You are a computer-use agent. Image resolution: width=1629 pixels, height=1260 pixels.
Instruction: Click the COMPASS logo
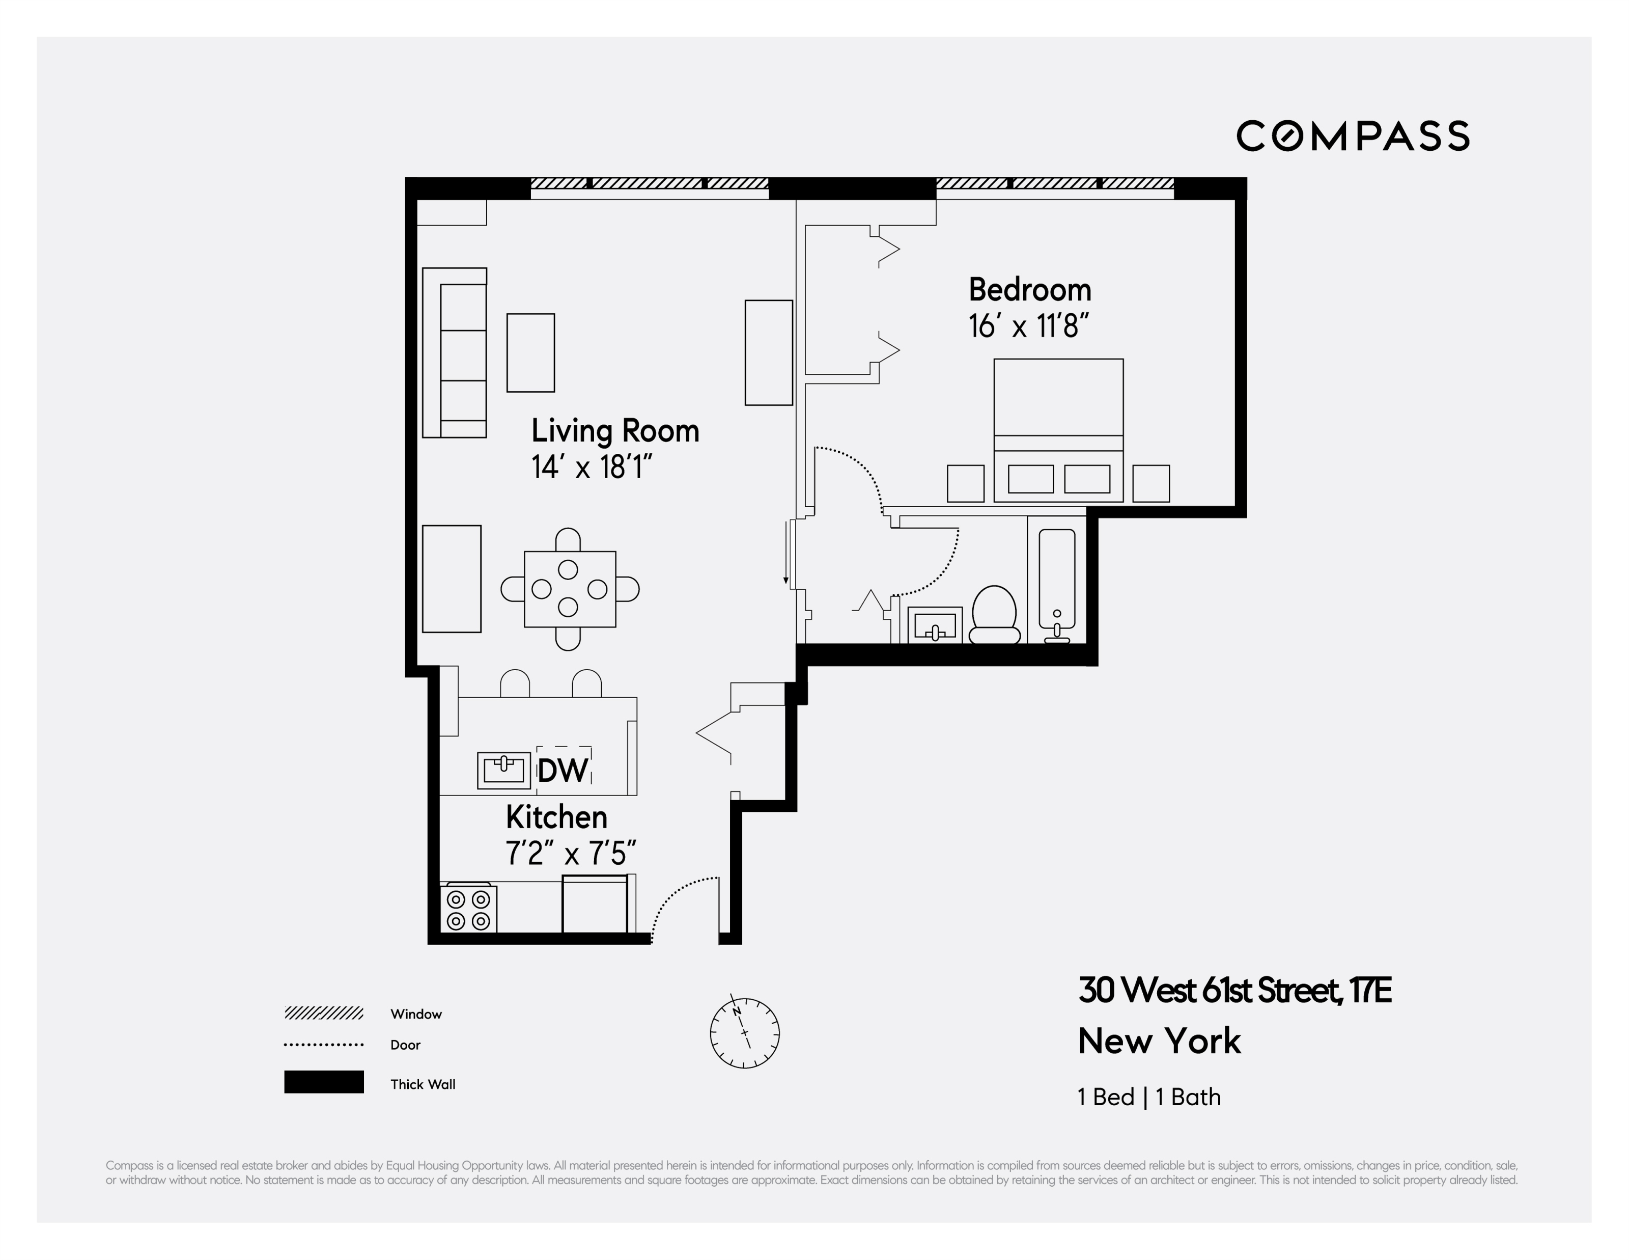(1352, 136)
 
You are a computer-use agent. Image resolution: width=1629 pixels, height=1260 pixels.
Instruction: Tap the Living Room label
(614, 431)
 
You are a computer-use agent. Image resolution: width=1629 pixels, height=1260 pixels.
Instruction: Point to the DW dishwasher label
(563, 771)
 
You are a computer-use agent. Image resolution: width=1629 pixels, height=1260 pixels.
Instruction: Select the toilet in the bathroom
(994, 615)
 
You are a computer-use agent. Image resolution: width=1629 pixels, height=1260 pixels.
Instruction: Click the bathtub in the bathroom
(1056, 581)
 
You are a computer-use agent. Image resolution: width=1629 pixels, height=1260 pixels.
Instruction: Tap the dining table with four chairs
(570, 589)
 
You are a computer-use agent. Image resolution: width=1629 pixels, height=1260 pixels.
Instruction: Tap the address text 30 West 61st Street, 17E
(1234, 991)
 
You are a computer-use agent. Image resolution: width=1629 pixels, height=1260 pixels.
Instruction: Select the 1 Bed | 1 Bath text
(1148, 1097)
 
